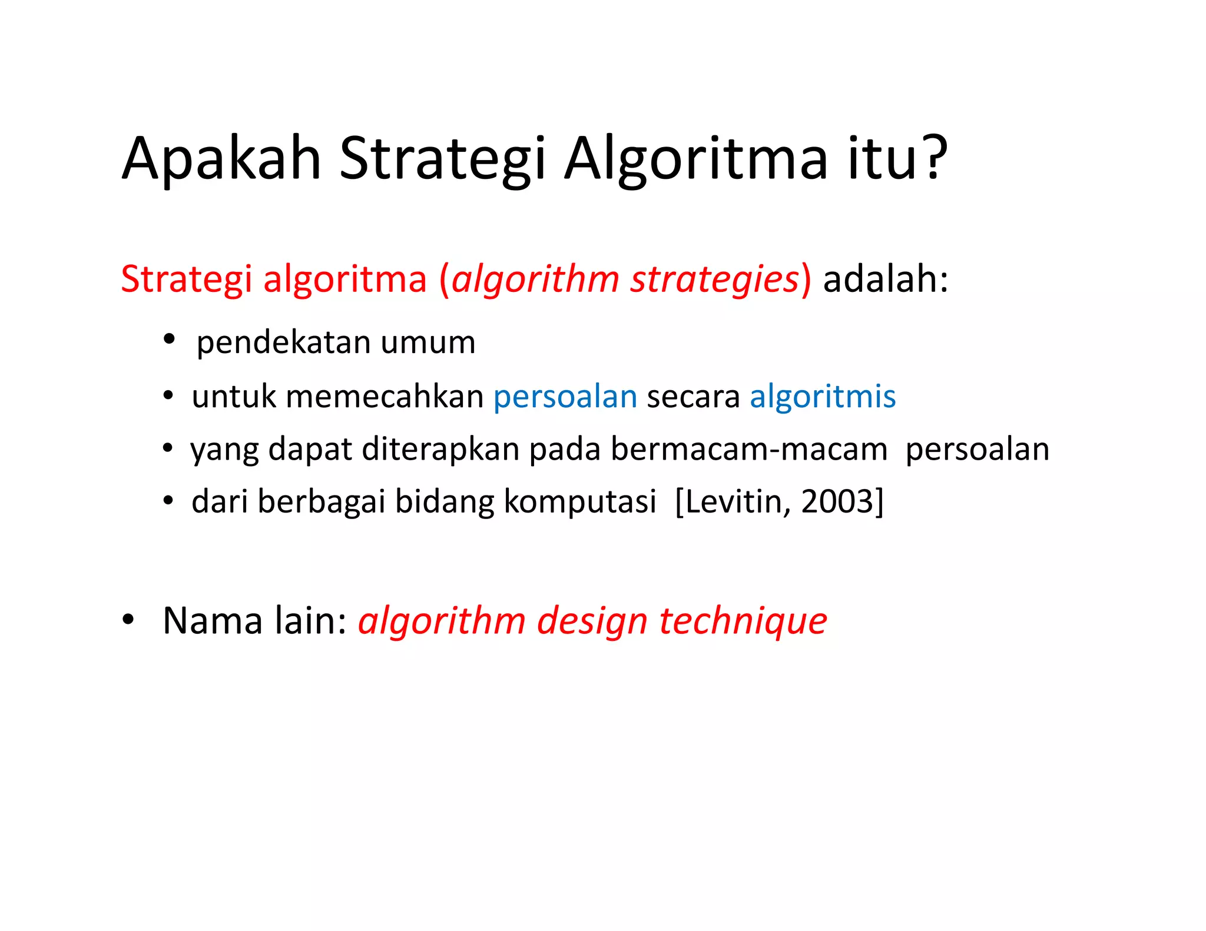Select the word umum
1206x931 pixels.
[428, 342]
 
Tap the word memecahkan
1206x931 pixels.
[385, 396]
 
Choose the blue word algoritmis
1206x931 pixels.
[822, 396]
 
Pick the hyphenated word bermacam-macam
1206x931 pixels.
[748, 449]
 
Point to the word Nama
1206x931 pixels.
[212, 620]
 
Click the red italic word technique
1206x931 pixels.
[743, 621]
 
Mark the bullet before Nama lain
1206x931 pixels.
[128, 620]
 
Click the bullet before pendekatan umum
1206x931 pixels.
[170, 339]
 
